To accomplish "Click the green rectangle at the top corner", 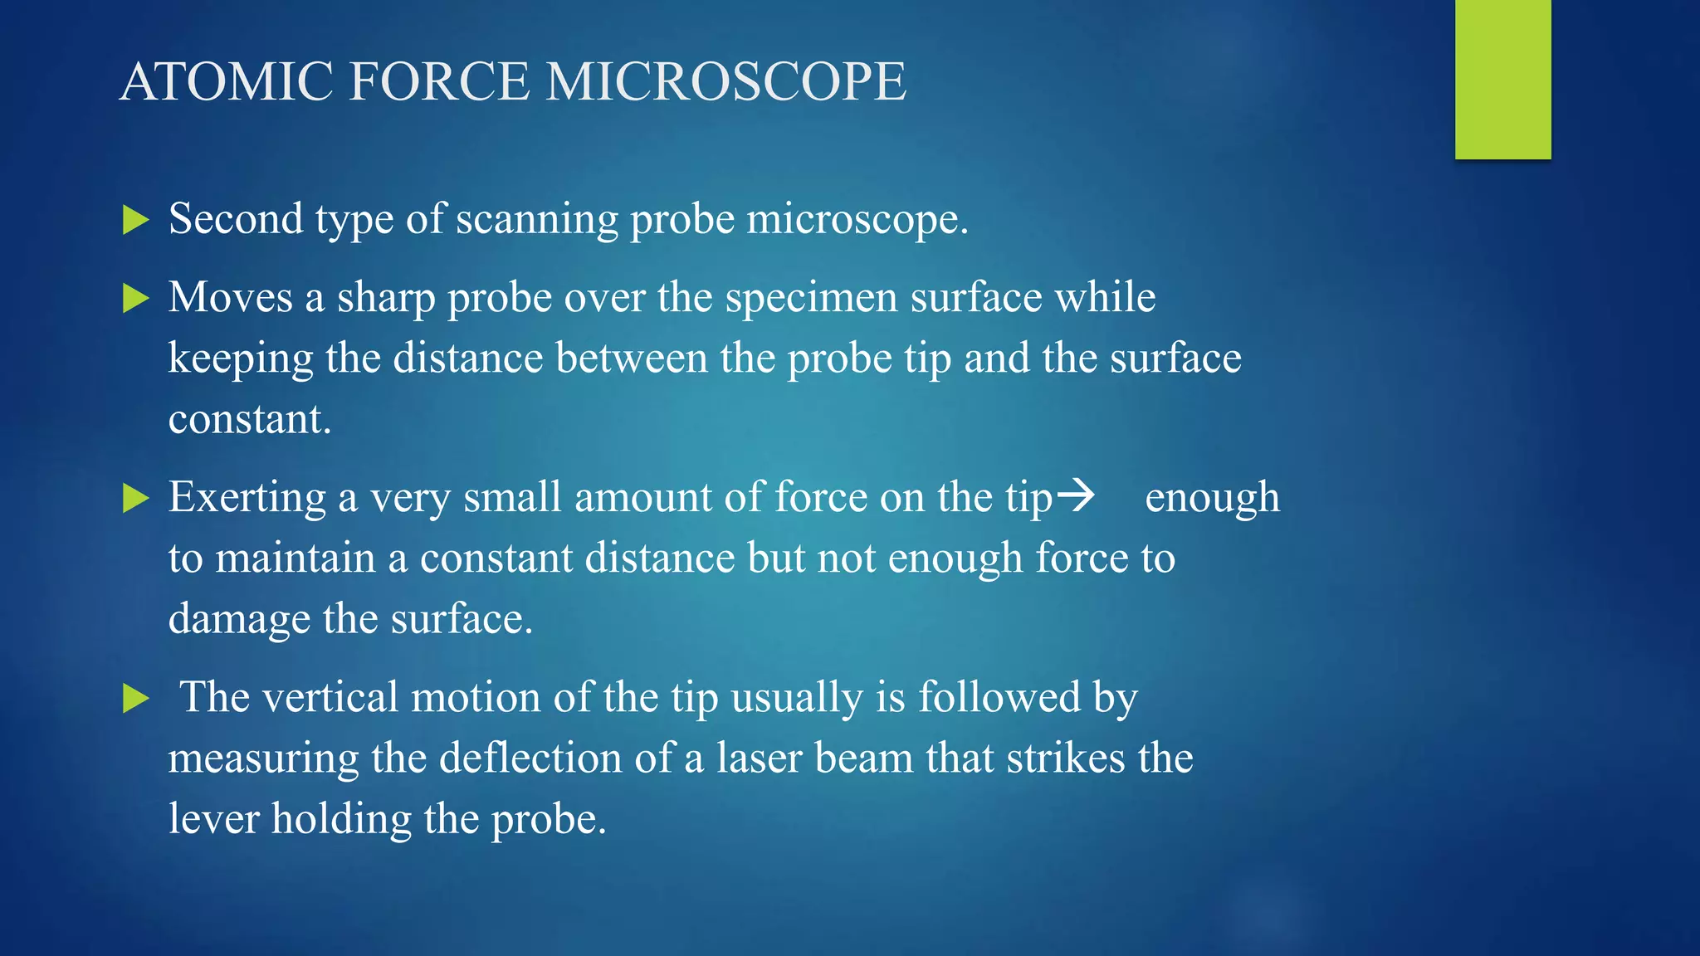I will pos(1502,79).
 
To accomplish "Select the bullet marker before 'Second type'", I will pos(135,220).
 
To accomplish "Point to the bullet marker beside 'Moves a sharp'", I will pos(135,298).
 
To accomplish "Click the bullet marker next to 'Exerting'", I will pos(135,498).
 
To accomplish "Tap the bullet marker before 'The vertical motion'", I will pos(135,698).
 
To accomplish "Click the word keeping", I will pos(241,359).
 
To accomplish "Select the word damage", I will pos(239,620).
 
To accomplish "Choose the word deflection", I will pos(530,758).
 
